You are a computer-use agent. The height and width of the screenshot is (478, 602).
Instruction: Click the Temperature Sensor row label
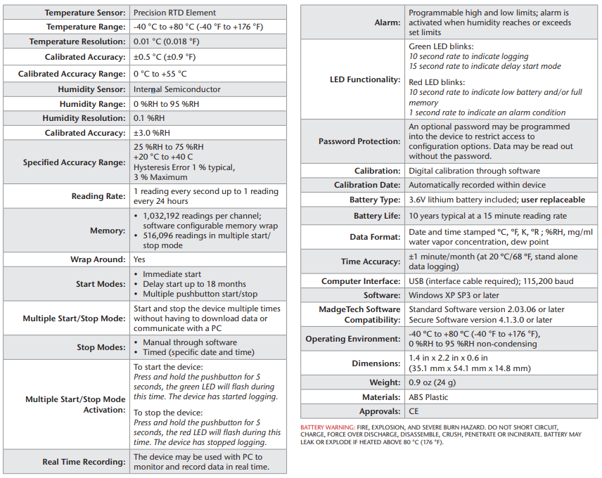(x=84, y=13)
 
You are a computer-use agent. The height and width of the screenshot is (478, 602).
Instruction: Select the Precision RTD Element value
(x=174, y=13)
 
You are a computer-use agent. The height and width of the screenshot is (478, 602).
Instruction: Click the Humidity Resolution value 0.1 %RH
(x=149, y=118)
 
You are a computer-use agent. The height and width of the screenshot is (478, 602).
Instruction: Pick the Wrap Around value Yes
(x=140, y=259)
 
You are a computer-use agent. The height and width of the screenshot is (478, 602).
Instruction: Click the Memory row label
(x=108, y=231)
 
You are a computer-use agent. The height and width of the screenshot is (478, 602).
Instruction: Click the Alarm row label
(x=387, y=22)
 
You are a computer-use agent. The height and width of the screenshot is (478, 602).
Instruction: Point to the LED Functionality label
(x=365, y=79)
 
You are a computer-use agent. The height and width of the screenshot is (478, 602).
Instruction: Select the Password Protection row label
(x=359, y=141)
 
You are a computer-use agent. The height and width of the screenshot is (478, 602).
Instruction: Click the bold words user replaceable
(x=553, y=200)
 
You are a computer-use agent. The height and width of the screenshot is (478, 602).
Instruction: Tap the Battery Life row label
(x=377, y=216)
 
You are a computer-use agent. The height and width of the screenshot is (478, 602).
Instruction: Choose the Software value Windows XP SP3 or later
(x=454, y=295)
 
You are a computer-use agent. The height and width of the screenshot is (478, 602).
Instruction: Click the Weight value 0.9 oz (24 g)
(x=433, y=382)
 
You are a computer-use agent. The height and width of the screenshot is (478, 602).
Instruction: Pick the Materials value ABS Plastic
(x=428, y=397)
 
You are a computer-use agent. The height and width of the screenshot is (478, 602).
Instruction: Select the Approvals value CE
(x=415, y=412)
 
